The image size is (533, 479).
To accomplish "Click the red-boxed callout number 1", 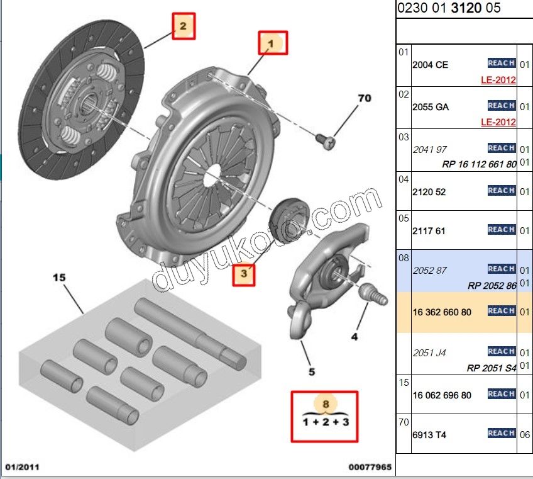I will click(x=272, y=43).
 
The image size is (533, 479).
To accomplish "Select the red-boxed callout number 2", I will click(x=183, y=26).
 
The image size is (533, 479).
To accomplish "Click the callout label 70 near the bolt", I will click(x=365, y=98).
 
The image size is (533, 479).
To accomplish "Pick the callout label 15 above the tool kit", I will click(x=59, y=277).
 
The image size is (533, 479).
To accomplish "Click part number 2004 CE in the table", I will click(x=431, y=65).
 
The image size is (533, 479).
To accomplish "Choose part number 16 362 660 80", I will click(x=442, y=312).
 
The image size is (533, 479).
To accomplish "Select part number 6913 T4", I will click(x=429, y=435).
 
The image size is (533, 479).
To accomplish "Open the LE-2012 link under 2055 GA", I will click(x=498, y=121).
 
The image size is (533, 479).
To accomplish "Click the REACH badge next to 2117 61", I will click(x=501, y=230).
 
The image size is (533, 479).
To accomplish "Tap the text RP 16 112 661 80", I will click(x=479, y=164).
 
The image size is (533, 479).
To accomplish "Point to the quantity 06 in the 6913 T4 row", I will click(x=525, y=435).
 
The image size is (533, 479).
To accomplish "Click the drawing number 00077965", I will click(x=370, y=468).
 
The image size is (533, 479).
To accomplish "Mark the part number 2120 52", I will click(x=429, y=192).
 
